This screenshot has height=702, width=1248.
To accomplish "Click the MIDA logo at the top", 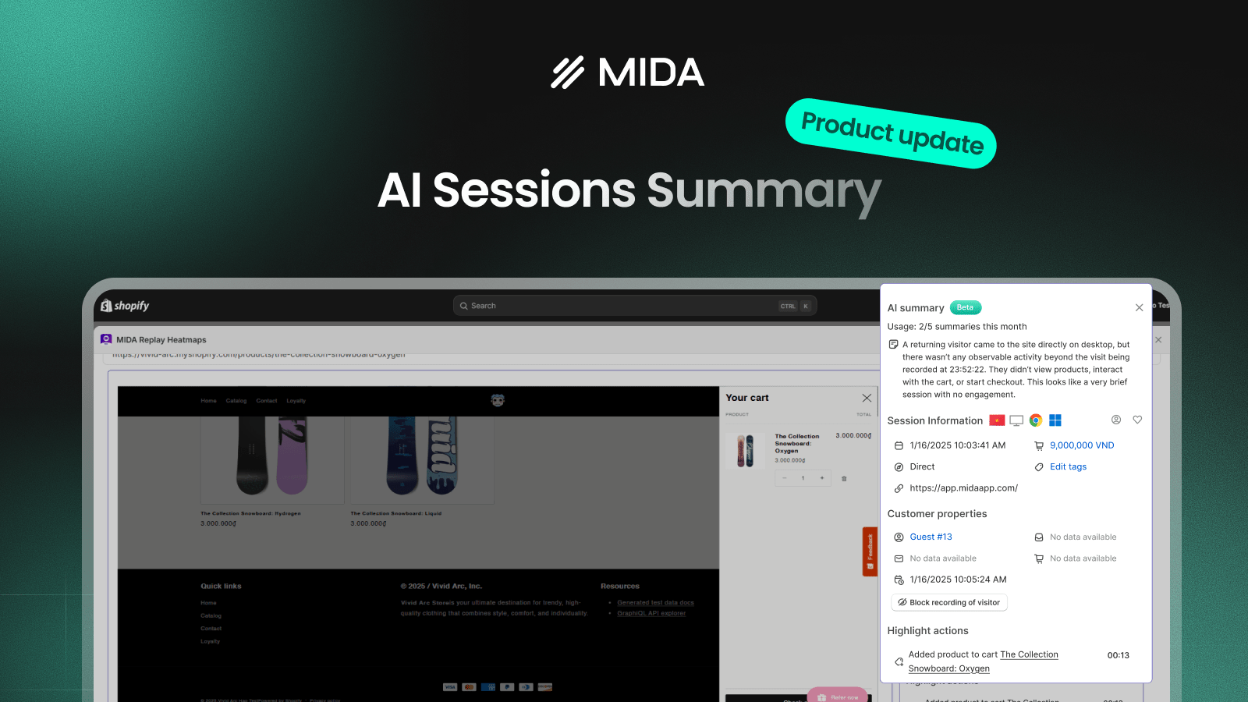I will point(627,73).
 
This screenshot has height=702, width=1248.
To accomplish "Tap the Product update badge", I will point(892,133).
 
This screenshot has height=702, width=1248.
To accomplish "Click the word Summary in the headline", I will point(764,191).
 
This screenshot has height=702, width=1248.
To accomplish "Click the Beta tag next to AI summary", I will point(965,307).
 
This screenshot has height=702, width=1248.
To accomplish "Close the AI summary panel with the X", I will point(1139,307).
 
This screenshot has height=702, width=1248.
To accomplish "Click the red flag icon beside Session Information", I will point(997,420).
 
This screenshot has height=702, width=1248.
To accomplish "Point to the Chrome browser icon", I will point(1036,420).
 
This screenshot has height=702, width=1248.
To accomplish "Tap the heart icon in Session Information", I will point(1137,420).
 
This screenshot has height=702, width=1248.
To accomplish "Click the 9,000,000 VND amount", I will point(1081,445).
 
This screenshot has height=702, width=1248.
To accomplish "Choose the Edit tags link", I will point(1068,466).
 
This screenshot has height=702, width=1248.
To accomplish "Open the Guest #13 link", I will point(931,537).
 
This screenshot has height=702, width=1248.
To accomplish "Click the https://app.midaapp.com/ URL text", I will point(963,488).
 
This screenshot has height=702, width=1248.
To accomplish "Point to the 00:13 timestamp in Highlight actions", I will point(1118,655).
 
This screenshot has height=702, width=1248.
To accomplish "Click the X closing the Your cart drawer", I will point(867,398).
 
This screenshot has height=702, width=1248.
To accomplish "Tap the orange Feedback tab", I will point(870,551).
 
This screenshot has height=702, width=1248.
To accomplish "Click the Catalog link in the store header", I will point(236,401).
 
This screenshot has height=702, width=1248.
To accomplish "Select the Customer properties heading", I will point(937,514).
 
